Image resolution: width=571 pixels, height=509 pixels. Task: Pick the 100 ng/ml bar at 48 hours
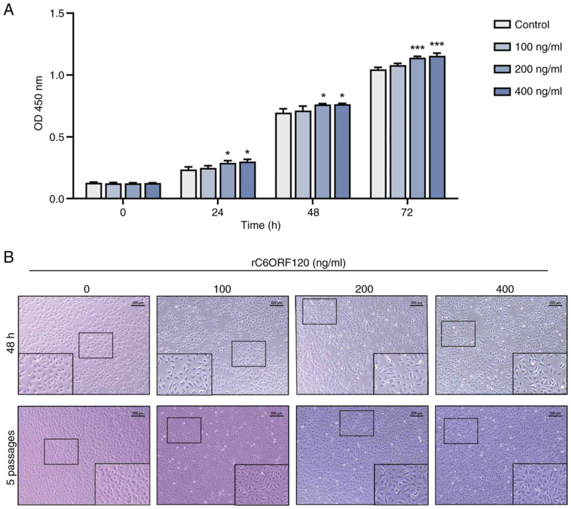coord(303,155)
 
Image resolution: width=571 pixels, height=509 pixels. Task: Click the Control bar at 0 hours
coord(94,191)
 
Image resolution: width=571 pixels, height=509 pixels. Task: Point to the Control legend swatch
coord(502,24)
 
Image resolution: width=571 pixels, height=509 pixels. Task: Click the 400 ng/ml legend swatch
coord(502,92)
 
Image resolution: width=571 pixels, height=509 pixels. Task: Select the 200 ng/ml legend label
coord(538,69)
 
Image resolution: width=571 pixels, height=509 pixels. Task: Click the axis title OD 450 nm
coord(39,103)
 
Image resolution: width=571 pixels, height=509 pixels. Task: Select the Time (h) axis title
coord(261,225)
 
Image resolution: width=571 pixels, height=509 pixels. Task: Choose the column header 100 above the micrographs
coord(223,289)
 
